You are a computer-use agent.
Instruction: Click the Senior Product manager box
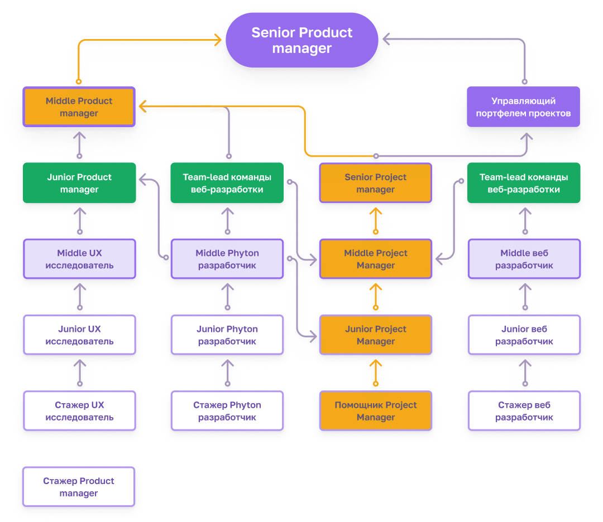coord(301,41)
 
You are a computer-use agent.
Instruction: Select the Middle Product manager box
coord(79,107)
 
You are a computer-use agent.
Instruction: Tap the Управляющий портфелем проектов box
coord(523,107)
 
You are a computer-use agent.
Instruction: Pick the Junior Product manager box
coord(79,183)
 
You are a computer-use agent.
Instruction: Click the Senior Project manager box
coord(375,183)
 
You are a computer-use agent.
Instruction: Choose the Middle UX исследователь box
coord(79,259)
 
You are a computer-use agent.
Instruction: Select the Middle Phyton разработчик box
coord(227,259)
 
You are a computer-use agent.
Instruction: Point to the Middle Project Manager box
coord(375,259)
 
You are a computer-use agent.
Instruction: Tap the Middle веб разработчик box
coord(523,259)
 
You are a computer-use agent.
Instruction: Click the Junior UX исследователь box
coord(79,335)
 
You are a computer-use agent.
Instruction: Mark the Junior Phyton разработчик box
coord(227,335)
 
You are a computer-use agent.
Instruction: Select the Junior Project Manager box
coord(375,335)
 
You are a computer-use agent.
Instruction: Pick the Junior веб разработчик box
coord(523,335)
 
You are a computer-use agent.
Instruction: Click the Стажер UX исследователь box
coord(79,410)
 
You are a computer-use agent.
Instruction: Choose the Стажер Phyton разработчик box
coord(227,410)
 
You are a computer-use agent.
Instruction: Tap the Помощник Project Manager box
coord(375,410)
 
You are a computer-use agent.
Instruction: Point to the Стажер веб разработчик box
coord(523,410)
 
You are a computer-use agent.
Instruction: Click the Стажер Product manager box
coord(79,486)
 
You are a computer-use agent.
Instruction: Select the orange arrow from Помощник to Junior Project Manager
coord(376,373)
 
